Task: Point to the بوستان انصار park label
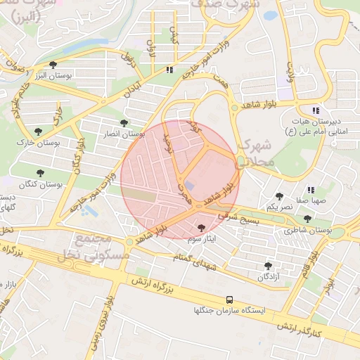coord(124,134)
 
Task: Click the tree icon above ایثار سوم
coord(202,228)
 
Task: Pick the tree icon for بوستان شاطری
coord(307,219)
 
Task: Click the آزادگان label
coord(269,278)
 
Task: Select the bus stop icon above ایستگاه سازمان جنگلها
coord(231,298)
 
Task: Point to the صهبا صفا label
coord(310,200)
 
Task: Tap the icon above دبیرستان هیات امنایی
coord(316,110)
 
